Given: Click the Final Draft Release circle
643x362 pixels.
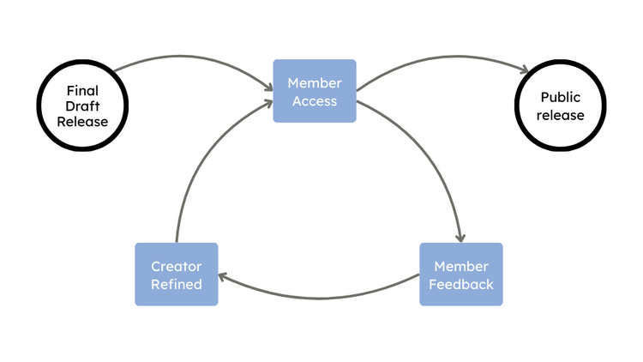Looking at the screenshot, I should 82,106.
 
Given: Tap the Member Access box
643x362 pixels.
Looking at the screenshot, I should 314,91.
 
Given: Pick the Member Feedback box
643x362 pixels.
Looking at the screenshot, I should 460,275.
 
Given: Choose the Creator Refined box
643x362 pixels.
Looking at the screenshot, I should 176,275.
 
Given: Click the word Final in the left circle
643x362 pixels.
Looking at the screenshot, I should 82,89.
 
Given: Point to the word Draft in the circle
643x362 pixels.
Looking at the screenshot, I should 82,106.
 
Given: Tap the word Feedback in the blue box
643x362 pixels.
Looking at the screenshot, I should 460,284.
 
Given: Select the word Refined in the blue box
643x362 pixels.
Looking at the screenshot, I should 176,284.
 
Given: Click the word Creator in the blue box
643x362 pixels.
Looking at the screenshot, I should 176,266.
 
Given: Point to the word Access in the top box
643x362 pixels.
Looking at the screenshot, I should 314,100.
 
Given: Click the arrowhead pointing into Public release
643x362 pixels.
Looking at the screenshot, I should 522,72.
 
